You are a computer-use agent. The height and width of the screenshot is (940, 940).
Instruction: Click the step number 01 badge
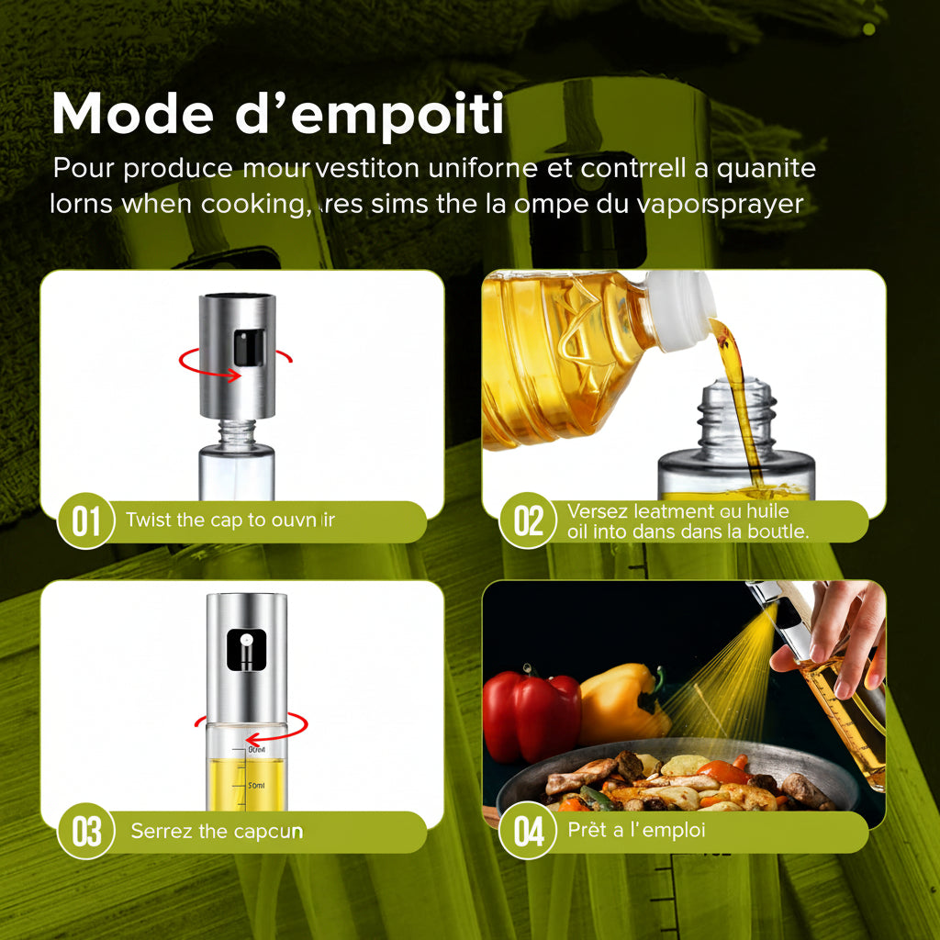pyautogui.click(x=85, y=521)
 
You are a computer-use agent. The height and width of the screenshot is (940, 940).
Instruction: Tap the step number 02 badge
pyautogui.click(x=528, y=520)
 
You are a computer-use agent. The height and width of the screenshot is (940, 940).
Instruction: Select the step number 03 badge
pyautogui.click(x=85, y=832)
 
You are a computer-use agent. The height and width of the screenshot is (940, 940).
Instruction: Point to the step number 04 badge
pyautogui.click(x=528, y=832)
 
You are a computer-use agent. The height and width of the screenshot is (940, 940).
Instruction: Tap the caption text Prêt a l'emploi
pyautogui.click(x=623, y=832)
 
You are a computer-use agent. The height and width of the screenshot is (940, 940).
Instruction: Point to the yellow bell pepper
pyautogui.click(x=620, y=702)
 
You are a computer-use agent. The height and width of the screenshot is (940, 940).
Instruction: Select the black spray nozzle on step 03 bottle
pyautogui.click(x=246, y=648)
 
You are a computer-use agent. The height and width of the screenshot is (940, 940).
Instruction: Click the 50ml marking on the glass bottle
pyautogui.click(x=256, y=786)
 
